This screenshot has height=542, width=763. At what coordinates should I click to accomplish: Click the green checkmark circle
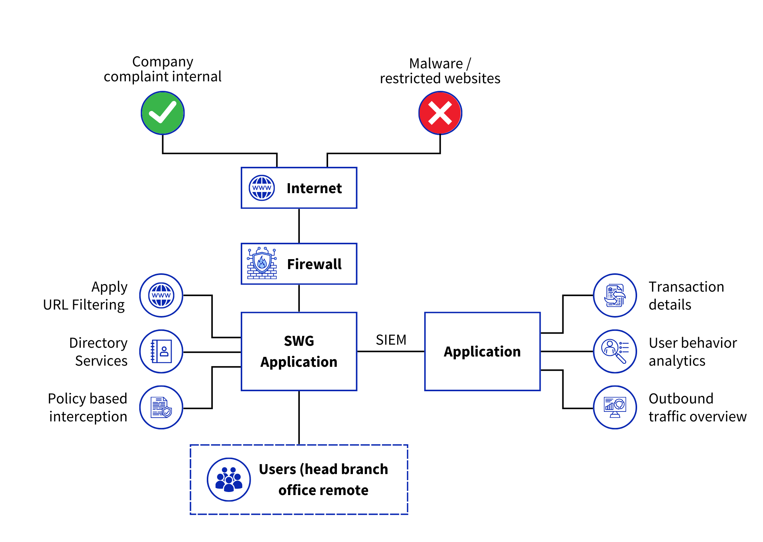[x=163, y=113]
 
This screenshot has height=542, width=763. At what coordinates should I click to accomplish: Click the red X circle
[x=440, y=113]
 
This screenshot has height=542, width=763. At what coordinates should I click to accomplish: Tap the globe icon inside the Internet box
[x=261, y=188]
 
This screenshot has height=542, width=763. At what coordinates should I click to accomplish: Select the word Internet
[x=314, y=188]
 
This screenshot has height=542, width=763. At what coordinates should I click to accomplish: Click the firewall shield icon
[x=262, y=263]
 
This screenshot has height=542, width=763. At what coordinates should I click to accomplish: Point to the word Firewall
[x=314, y=264]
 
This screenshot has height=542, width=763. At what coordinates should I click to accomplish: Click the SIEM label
[x=391, y=340]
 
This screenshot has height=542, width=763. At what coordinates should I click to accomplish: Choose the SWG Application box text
[x=299, y=352]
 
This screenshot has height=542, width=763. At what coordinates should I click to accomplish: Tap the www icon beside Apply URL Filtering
[x=161, y=295]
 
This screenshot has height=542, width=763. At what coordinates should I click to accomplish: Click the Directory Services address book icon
[x=161, y=351]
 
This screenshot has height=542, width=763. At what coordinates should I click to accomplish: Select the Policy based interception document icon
[x=161, y=407]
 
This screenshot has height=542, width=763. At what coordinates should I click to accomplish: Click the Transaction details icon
[x=615, y=295]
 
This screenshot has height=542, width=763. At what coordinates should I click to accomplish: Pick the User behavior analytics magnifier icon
[x=615, y=351]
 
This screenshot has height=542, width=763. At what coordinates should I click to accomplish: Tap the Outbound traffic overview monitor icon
[x=615, y=407]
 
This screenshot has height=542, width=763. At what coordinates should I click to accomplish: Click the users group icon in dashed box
[x=229, y=479]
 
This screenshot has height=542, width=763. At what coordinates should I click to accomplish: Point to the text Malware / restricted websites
[x=440, y=71]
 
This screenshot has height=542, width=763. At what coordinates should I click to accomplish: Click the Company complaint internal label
[x=163, y=69]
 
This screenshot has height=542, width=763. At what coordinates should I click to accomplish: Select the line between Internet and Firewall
[x=299, y=226]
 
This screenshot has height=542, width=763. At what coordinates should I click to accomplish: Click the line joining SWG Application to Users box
[x=299, y=418]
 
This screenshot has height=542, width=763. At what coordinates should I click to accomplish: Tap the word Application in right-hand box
[x=482, y=352]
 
